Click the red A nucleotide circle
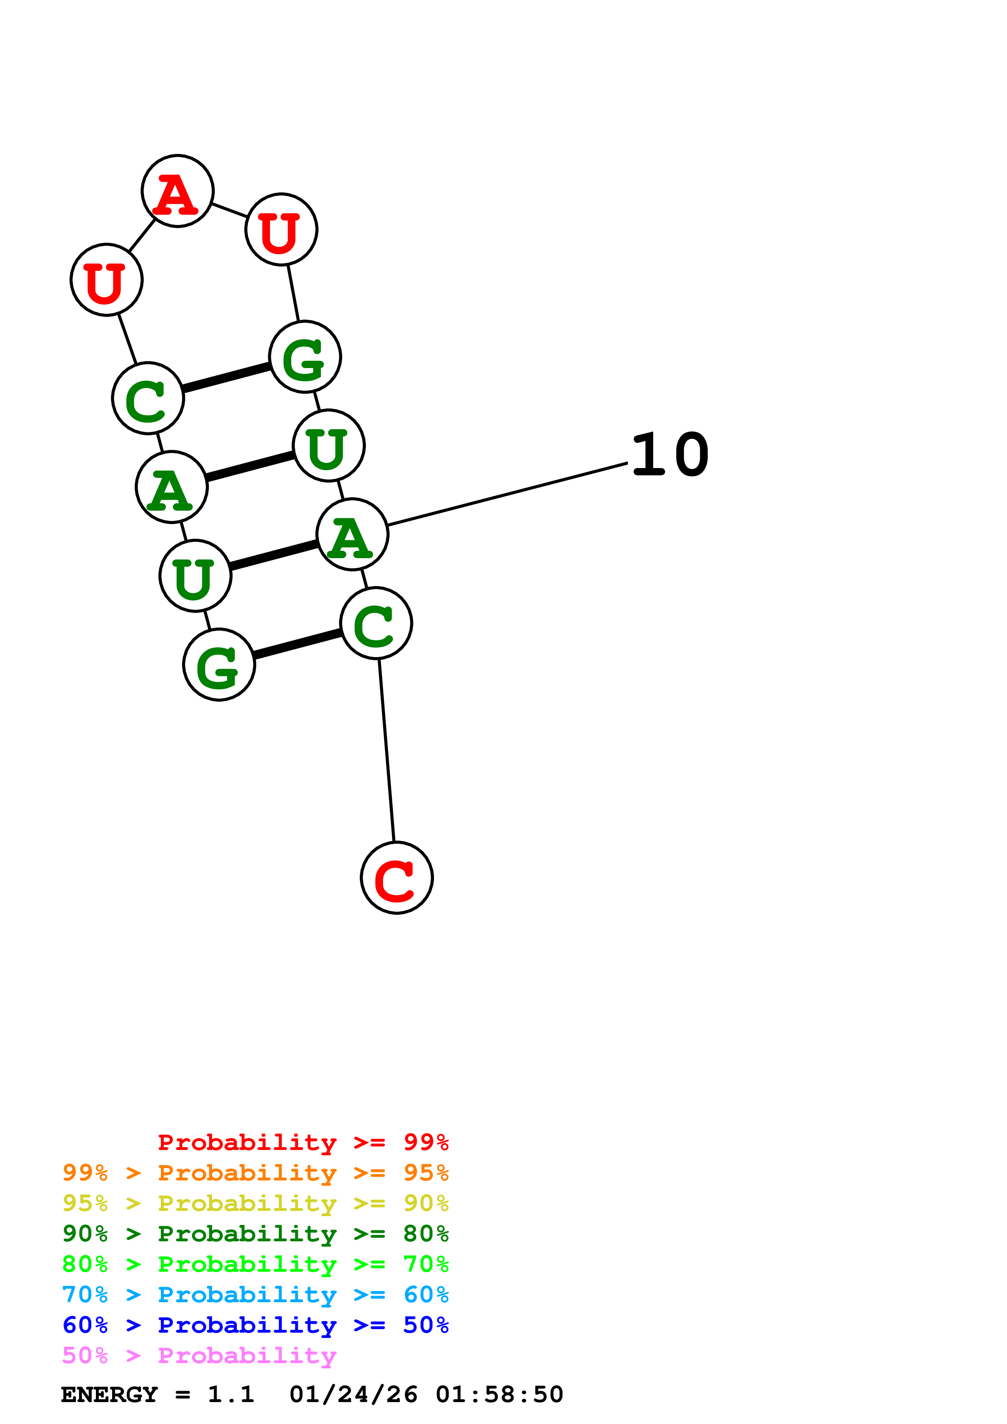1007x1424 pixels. click(x=178, y=191)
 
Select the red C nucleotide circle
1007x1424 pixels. click(x=396, y=878)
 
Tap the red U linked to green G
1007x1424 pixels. click(x=281, y=229)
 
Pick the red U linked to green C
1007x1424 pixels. click(x=107, y=280)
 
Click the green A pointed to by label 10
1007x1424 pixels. click(x=352, y=535)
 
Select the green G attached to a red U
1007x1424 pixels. click(x=305, y=357)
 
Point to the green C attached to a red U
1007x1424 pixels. click(x=148, y=398)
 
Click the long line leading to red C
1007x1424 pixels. click(x=387, y=751)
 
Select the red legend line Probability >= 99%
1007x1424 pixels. click(x=303, y=1142)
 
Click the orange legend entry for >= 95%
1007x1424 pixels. click(x=255, y=1173)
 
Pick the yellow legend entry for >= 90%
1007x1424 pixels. click(x=255, y=1203)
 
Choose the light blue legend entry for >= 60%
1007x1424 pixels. click(x=255, y=1295)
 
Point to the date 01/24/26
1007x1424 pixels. click(x=353, y=1394)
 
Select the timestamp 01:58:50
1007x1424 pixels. click(x=499, y=1394)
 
